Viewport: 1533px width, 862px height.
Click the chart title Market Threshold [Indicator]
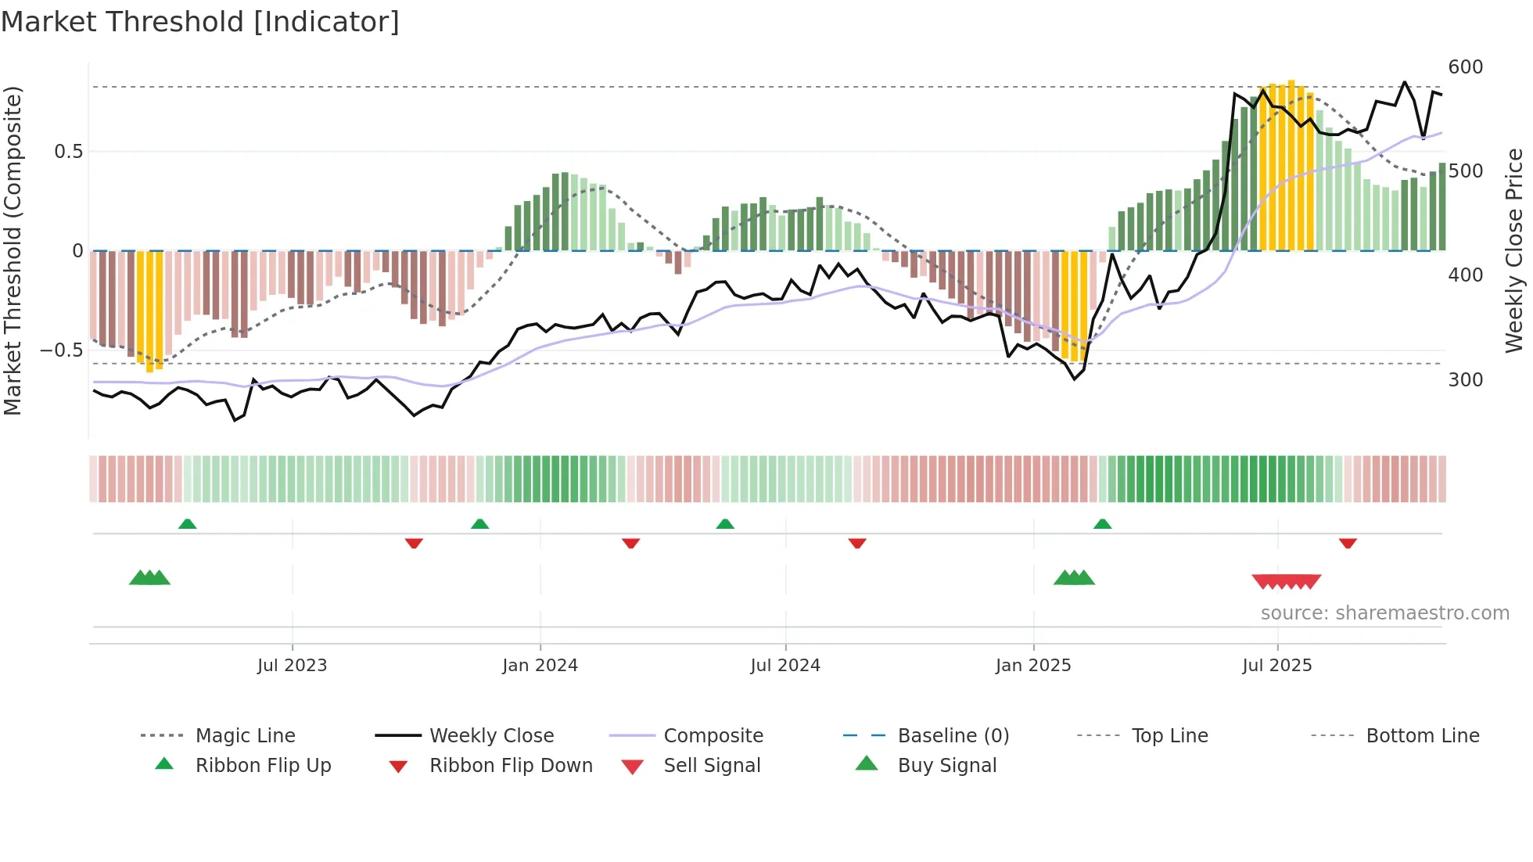coord(200,22)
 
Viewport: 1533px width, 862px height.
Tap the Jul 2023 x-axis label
coord(292,666)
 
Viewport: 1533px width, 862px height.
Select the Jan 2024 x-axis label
coord(540,666)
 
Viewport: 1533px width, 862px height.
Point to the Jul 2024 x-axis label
coord(785,666)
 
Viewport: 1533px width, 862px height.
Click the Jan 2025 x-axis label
coord(1033,666)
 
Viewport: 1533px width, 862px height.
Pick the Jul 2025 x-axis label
coord(1277,666)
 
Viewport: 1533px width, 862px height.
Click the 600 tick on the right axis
coord(1466,67)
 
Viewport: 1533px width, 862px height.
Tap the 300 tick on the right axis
coord(1466,380)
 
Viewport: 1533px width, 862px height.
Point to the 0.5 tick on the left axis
coord(68,152)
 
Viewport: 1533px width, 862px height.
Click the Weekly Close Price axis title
coord(1515,250)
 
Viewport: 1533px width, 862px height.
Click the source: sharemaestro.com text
coord(1384,613)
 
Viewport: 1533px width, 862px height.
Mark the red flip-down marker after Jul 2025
coord(1348,543)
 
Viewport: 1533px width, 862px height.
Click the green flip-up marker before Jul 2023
coord(187,524)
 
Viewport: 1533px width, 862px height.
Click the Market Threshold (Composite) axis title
coord(13,250)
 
